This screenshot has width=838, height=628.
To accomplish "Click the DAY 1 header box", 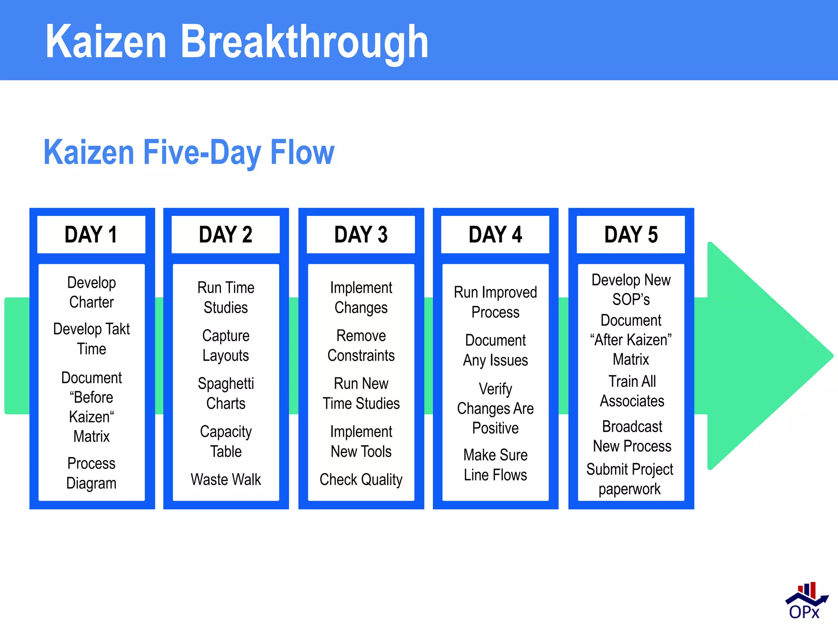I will point(91,235).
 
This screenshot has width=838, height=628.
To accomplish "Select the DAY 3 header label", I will point(361,235).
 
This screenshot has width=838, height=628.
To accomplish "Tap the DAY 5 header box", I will point(631,235).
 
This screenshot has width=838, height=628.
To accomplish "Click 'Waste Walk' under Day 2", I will point(226,479).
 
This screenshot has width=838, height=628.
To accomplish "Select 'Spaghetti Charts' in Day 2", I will point(226,393).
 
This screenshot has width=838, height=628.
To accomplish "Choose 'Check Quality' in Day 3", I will point(361,479).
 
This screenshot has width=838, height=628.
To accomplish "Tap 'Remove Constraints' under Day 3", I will point(361,345).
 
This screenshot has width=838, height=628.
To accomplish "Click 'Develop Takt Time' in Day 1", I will point(91,339).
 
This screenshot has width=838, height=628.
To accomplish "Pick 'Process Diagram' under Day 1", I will point(91,473).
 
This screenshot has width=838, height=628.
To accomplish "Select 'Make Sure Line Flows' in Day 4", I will point(496,465).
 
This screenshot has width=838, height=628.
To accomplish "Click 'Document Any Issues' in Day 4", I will point(496,350).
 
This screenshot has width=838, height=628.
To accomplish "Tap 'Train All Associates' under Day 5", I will point(632,391).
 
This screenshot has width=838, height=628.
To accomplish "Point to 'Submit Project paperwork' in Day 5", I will point(630,479).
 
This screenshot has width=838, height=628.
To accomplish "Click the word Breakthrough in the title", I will point(304,42).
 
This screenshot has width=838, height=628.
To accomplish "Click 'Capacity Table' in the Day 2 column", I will point(226,442).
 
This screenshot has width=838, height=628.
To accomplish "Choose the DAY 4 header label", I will point(496,235).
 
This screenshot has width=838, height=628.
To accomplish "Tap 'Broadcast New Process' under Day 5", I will point(632,436).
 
